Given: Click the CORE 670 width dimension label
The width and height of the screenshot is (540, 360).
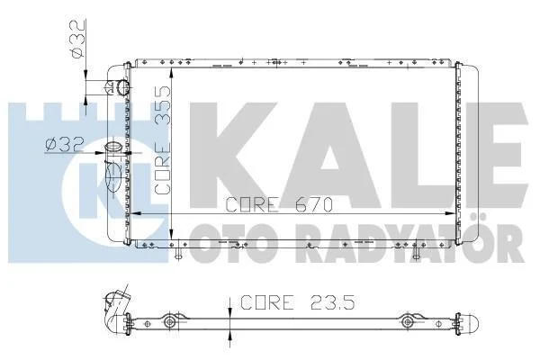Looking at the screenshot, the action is pos(279,204).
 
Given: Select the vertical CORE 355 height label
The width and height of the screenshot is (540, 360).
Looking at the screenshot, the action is pos(163,140).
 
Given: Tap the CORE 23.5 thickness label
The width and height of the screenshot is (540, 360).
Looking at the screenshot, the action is pos(297,302).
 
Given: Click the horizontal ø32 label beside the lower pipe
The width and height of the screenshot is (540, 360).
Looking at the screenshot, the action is pos(65,145).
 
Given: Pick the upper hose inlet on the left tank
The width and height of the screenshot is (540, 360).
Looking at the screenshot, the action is pos(121,87).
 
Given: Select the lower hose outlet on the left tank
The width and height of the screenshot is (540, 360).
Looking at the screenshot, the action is pos(114,148).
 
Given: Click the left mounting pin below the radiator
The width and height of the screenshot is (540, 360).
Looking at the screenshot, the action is pos(177,253).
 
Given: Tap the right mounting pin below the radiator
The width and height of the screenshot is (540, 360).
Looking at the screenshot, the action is pos(416,253).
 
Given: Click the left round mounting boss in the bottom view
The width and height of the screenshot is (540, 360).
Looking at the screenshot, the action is pos(169,322).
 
